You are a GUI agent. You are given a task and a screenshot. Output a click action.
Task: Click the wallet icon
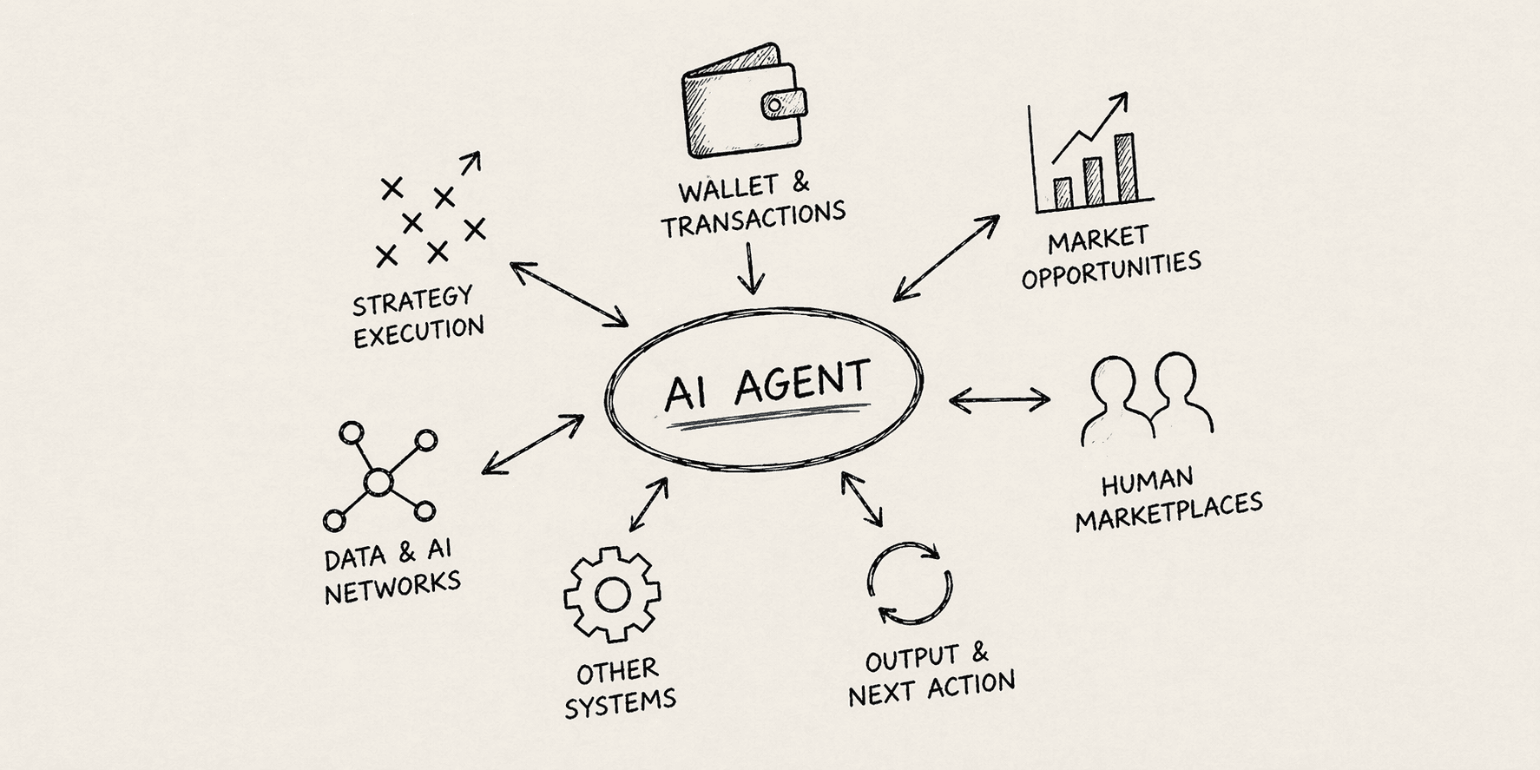(742, 102)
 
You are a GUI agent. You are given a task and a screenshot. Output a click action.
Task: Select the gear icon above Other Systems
(612, 595)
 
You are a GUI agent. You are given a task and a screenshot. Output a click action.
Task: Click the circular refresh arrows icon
(910, 583)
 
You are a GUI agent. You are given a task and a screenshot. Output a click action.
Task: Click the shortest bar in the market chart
(1063, 193)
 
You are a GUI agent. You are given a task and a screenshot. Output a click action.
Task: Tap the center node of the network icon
(378, 482)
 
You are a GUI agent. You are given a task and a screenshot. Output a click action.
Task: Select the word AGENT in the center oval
(800, 382)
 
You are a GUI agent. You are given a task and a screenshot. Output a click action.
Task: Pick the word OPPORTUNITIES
(1111, 269)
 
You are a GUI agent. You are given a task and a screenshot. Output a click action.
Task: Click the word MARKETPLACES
(1168, 512)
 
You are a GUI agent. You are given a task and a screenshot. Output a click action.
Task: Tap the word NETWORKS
(392, 587)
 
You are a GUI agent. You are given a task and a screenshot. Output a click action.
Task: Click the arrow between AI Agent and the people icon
(999, 400)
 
